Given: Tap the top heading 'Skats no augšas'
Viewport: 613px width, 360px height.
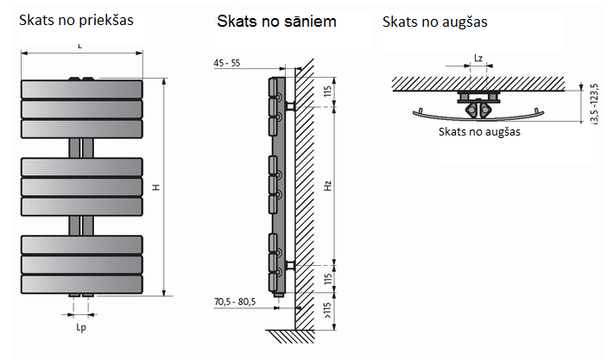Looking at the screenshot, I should pos(435,21).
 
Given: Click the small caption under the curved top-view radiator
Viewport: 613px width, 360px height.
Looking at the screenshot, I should pos(479,132).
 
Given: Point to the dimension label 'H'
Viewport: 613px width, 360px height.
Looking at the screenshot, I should pos(155,187).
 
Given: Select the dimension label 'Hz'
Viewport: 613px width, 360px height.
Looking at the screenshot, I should pos(328,184).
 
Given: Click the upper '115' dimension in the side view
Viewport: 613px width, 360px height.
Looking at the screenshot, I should pos(328,92).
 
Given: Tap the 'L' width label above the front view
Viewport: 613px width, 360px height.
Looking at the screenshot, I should pos(79,44).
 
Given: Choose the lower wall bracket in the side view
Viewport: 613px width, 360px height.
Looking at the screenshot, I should pos(291,262).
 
